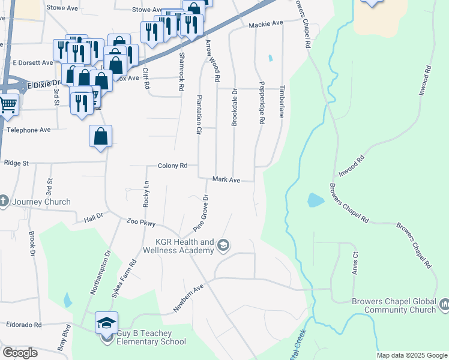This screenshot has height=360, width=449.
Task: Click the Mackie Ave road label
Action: (x=265, y=24)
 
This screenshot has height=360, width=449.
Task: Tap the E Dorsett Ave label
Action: (x=32, y=62)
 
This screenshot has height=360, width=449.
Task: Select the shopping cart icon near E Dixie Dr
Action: (x=8, y=104)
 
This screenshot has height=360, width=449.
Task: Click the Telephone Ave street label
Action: (x=29, y=130)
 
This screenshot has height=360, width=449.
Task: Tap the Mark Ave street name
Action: (x=226, y=180)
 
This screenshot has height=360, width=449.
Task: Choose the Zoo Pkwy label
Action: (x=142, y=223)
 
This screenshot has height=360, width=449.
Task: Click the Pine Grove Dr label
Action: (x=200, y=214)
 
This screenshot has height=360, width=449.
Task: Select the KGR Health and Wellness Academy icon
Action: (x=223, y=245)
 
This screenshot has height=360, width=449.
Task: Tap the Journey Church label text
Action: (x=40, y=202)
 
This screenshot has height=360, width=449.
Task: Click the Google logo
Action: (x=20, y=353)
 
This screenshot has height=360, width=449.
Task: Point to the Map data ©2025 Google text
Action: (x=412, y=355)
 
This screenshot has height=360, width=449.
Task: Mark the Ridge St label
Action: (x=17, y=163)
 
